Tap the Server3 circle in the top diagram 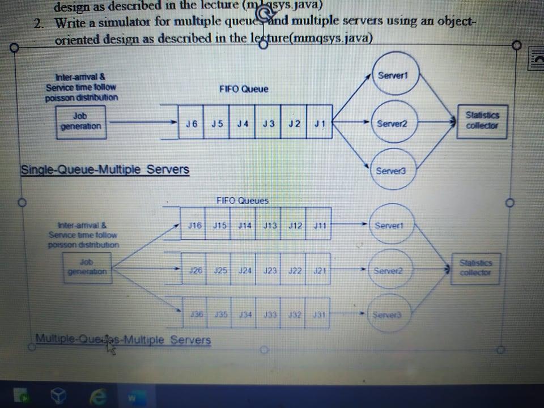click(390, 169)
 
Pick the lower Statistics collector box click(475, 267)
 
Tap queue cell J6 click(192, 123)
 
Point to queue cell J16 click(194, 225)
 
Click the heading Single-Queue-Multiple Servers click(105, 169)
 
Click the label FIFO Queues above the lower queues click(243, 201)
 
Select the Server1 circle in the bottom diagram click(391, 226)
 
